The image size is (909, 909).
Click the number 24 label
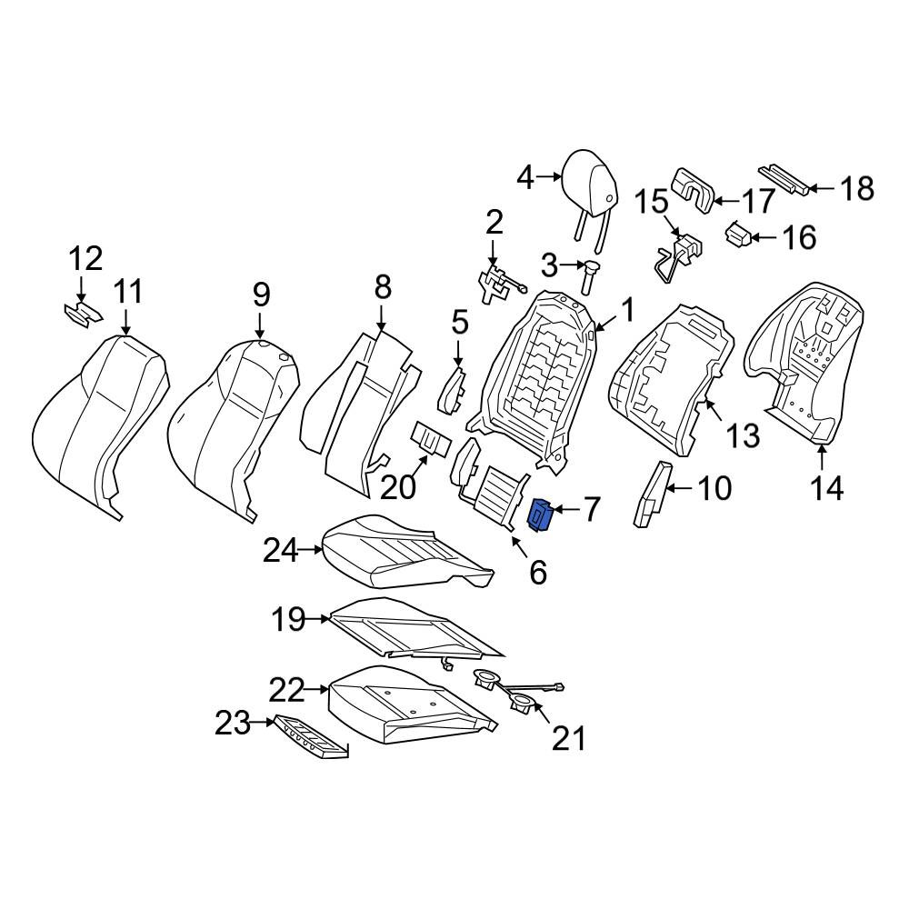[281, 550]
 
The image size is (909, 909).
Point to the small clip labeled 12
[84, 314]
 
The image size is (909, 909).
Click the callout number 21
[569, 738]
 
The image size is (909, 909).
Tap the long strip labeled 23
[311, 736]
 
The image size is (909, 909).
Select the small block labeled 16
[738, 235]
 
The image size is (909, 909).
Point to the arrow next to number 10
[679, 489]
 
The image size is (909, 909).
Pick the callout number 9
[262, 295]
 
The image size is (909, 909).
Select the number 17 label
[758, 201]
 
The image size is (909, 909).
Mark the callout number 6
[538, 573]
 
